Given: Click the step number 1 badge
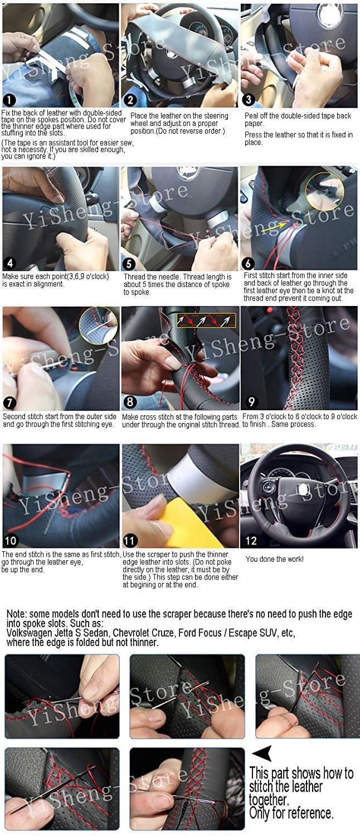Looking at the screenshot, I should click(x=9, y=100).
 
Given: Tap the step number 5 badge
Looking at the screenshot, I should click(x=129, y=264).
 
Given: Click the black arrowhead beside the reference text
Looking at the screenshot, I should click(x=261, y=755).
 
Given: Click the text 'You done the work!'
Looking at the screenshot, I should click(x=275, y=559).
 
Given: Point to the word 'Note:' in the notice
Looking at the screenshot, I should click(x=18, y=614).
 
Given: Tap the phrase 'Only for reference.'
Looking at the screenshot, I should click(x=291, y=813).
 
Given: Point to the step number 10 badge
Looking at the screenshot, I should click(x=11, y=541).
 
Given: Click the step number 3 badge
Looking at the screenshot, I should click(x=249, y=100).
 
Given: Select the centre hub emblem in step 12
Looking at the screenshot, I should click(x=303, y=489).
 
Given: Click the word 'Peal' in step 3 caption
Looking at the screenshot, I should click(x=252, y=116).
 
